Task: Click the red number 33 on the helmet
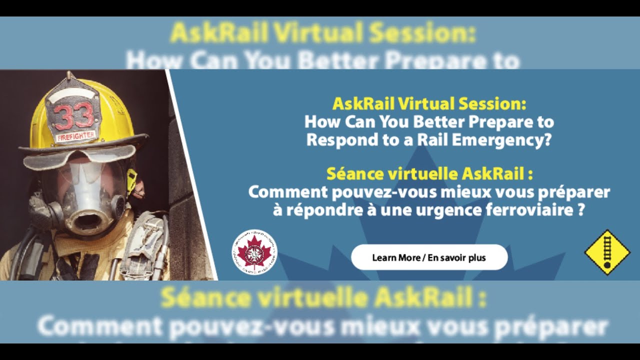(74, 116)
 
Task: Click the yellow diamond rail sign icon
(607, 252)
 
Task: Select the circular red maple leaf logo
(254, 251)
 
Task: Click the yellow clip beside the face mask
(132, 180)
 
